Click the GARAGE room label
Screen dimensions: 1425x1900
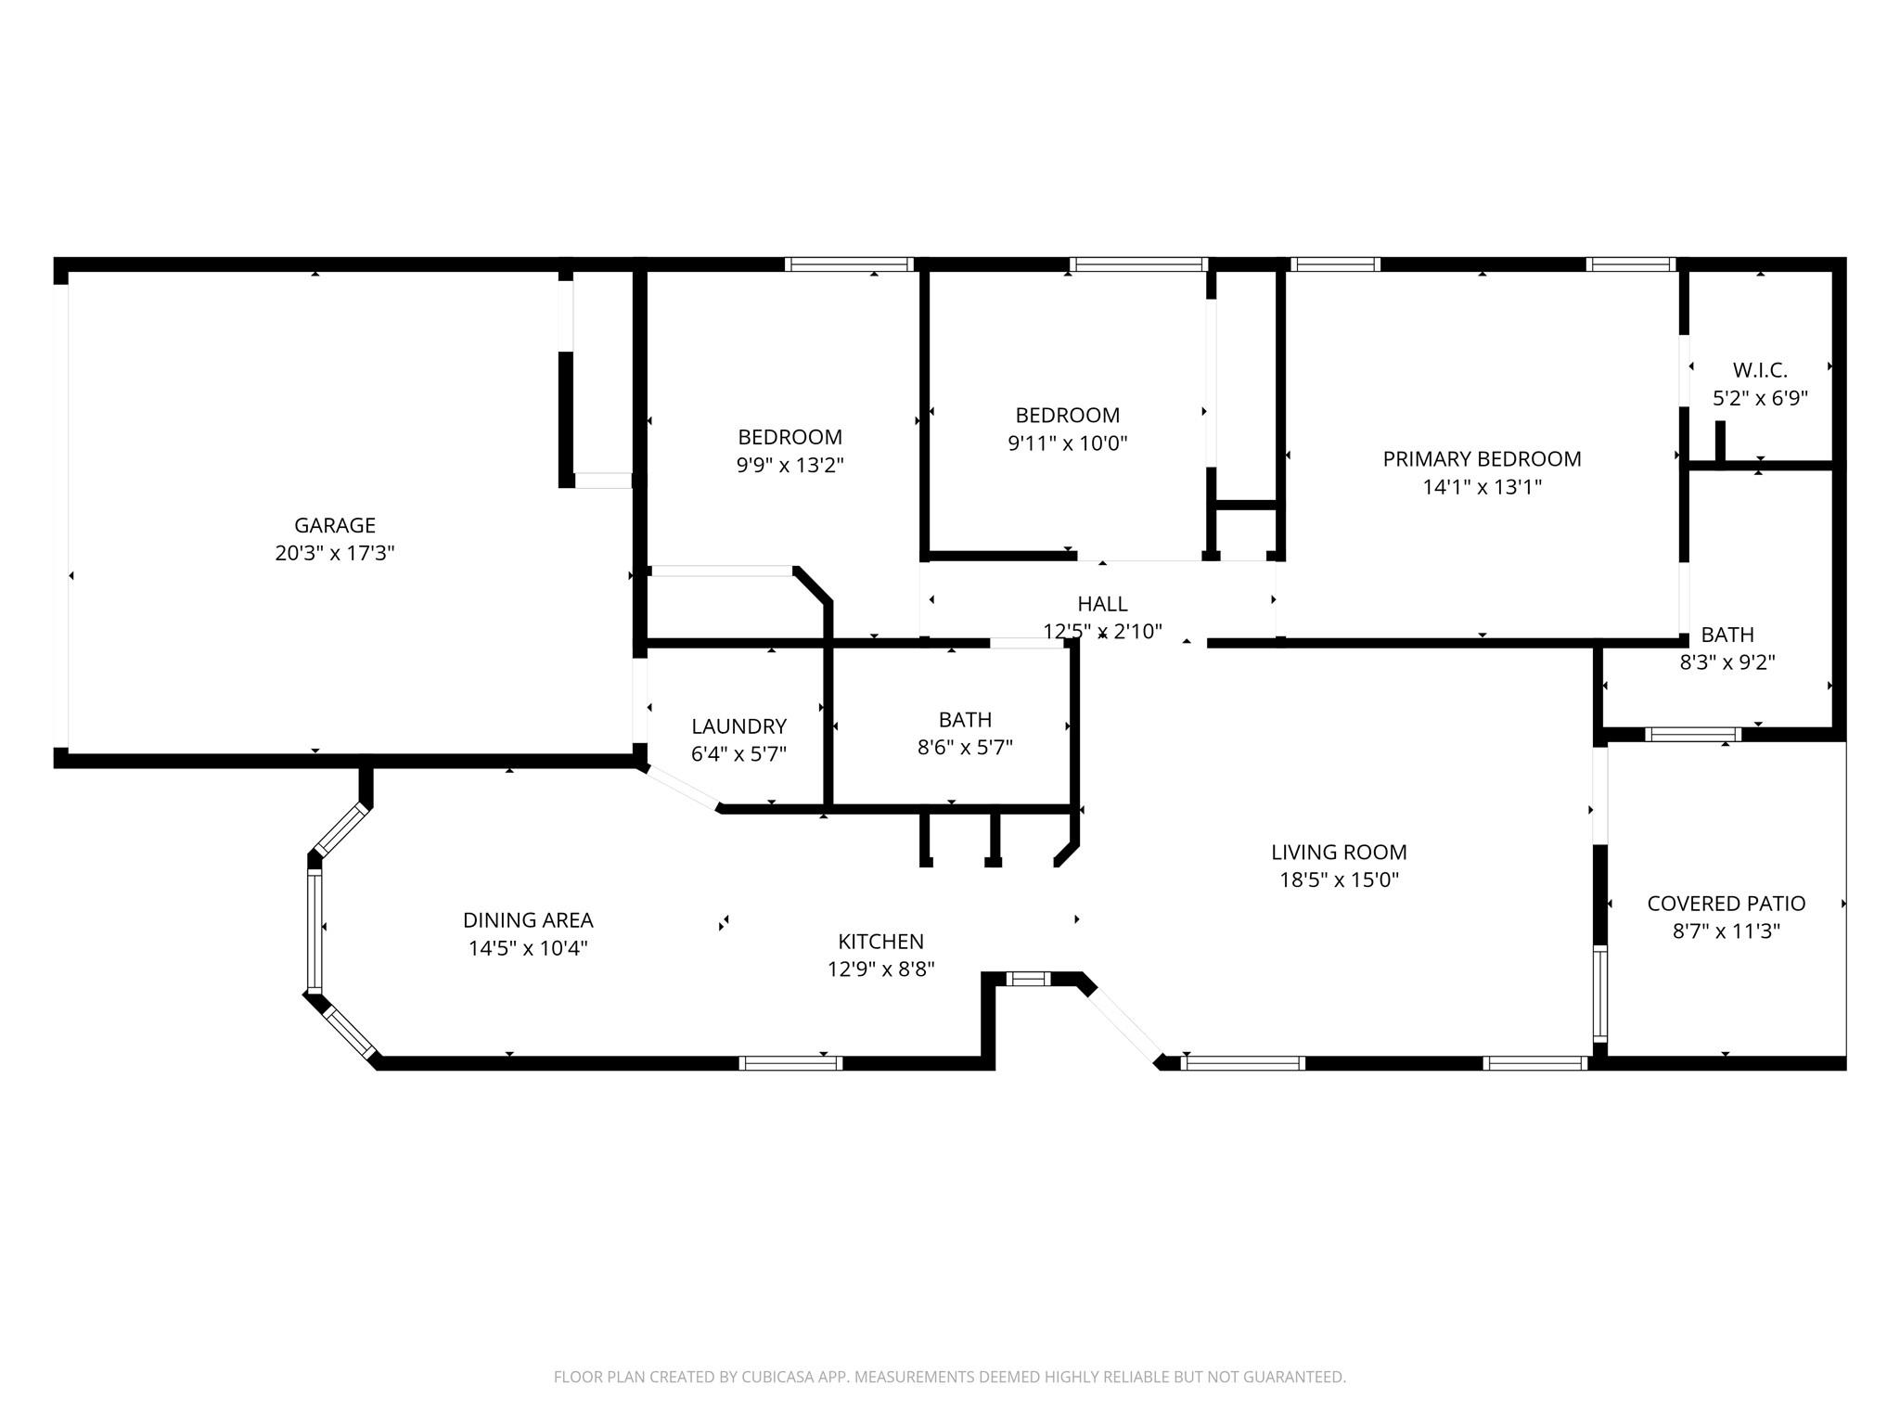pyautogui.click(x=335, y=525)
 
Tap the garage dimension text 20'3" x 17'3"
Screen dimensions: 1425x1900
pyautogui.click(x=335, y=554)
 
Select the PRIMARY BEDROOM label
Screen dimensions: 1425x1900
pyautogui.click(x=1482, y=458)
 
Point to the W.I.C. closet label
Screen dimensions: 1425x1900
pyautogui.click(x=1760, y=370)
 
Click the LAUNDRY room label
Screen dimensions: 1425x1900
pyautogui.click(x=738, y=726)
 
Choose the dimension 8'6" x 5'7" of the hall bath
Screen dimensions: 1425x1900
pyautogui.click(x=965, y=748)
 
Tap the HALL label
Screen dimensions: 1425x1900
pyautogui.click(x=1102, y=604)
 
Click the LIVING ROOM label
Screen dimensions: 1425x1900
pyautogui.click(x=1339, y=852)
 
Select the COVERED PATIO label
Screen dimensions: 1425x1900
pyautogui.click(x=1726, y=903)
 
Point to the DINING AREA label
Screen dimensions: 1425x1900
pyautogui.click(x=528, y=920)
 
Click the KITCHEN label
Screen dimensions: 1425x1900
pyautogui.click(x=880, y=942)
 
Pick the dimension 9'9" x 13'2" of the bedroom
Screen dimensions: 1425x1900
pyautogui.click(x=790, y=466)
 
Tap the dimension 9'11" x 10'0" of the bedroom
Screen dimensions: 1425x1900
pyautogui.click(x=1067, y=443)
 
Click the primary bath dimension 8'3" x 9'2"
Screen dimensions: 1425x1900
pyautogui.click(x=1727, y=663)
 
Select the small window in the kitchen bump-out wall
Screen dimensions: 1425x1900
pyautogui.click(x=1029, y=978)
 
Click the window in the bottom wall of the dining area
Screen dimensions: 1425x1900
pyautogui.click(x=790, y=1063)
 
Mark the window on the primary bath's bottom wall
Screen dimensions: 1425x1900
pyautogui.click(x=1692, y=735)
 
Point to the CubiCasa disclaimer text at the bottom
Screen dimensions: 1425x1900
pyautogui.click(x=949, y=1377)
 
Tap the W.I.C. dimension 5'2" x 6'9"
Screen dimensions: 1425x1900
pyautogui.click(x=1760, y=399)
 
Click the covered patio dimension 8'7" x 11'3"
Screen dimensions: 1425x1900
pyautogui.click(x=1726, y=931)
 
